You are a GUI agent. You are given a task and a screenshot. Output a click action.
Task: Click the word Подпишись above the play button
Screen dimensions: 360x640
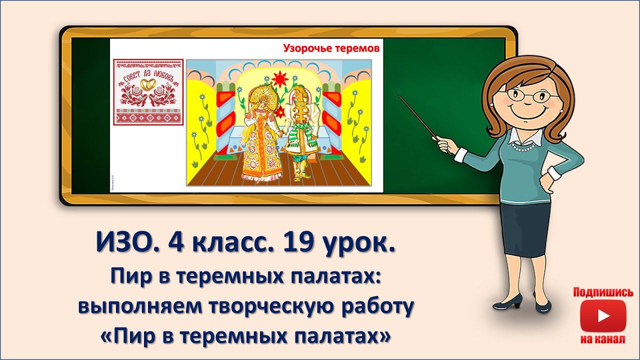[603, 292]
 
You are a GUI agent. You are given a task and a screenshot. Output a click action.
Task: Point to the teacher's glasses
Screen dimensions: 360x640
[525, 95]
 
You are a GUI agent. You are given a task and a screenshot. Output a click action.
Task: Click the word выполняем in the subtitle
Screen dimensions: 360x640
[135, 307]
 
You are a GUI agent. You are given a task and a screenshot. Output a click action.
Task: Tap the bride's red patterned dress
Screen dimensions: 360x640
[256, 150]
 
